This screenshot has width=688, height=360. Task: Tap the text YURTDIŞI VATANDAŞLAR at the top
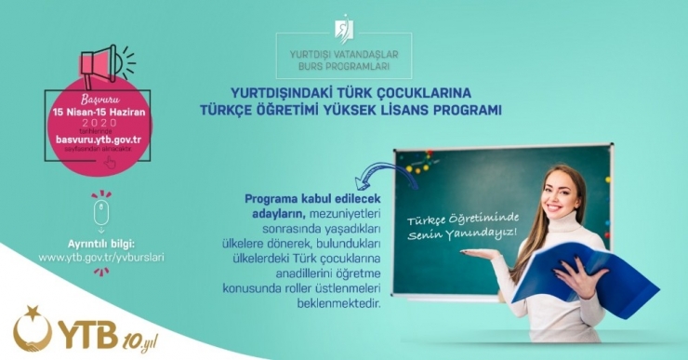344,54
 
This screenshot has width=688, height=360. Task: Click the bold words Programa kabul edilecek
306,198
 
